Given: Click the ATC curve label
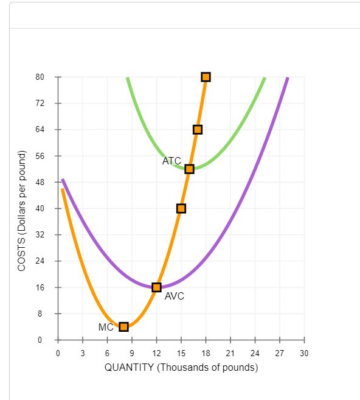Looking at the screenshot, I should click(171, 161).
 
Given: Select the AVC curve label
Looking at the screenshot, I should click(174, 296).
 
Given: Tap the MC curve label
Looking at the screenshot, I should click(106, 327).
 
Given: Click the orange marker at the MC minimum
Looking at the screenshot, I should click(124, 327).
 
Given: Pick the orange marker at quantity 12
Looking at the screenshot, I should click(157, 287).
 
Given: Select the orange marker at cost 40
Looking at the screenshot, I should click(181, 208).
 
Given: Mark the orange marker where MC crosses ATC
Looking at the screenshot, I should click(189, 169).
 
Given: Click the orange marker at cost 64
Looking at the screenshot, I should click(198, 129).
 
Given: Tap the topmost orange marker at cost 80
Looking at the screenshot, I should click(206, 77).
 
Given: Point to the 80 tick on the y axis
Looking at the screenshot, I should click(40, 77).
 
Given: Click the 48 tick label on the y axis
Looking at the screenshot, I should click(40, 182).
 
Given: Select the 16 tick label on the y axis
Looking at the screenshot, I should click(40, 287).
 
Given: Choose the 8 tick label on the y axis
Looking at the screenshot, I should click(42, 314).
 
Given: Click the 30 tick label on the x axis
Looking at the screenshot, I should click(304, 353).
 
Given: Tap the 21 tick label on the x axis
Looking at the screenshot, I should click(230, 353).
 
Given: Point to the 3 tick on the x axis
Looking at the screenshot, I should click(83, 353).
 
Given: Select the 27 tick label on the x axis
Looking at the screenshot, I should click(280, 353).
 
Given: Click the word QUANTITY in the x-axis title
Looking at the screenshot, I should click(130, 367).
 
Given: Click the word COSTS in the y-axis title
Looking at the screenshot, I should click(21, 256).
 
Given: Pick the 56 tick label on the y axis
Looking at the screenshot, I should click(40, 156).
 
